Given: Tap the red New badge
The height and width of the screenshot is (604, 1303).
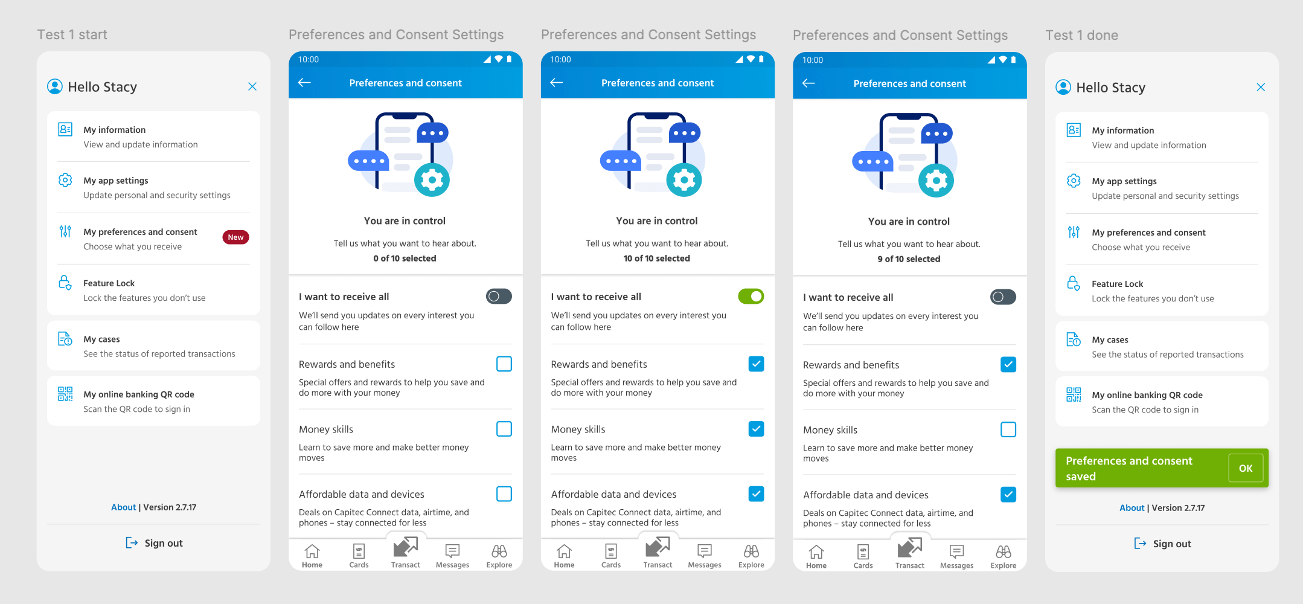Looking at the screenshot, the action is tap(235, 237).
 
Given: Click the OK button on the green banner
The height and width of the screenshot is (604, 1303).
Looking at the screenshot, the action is tap(1245, 468).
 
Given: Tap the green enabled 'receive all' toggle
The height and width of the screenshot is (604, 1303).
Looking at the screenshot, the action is tap(751, 297).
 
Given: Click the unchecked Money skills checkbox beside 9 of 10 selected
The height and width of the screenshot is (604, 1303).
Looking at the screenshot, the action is tap(1008, 429).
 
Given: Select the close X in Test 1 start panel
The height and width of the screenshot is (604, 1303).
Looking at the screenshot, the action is tap(252, 86).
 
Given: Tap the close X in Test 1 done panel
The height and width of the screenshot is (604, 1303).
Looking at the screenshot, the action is tap(1261, 87).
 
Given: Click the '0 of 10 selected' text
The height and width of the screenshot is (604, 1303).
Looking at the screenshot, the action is tap(405, 259).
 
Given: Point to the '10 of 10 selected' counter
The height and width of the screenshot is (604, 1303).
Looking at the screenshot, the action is tap(656, 259).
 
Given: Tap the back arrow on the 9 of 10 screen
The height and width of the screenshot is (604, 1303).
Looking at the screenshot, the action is tap(808, 83).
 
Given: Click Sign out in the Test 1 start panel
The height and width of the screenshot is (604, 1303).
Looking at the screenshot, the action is tap(154, 543).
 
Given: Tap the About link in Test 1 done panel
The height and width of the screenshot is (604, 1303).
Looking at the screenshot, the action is tap(1132, 508).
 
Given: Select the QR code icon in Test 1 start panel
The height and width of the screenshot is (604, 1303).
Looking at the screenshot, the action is tap(65, 394).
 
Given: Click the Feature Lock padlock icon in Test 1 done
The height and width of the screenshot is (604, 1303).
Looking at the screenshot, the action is tap(1074, 283).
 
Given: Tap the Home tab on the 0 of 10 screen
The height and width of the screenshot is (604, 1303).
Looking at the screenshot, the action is tap(312, 556).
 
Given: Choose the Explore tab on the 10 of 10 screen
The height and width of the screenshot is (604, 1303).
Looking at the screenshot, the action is tap(751, 556).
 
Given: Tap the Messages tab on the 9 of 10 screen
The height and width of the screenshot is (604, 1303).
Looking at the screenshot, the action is tap(956, 556).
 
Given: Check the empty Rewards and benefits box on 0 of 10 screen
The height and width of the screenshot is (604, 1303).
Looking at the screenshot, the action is tap(504, 364).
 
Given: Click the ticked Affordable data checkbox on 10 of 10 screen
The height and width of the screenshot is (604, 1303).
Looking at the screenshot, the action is tap(756, 494).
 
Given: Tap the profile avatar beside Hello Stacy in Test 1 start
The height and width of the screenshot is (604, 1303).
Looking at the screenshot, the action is tap(55, 86).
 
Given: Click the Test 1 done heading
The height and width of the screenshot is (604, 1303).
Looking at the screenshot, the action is tap(1081, 35).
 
